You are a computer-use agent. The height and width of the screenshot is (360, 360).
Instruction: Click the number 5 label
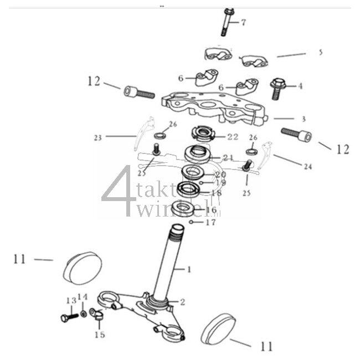point(320,53)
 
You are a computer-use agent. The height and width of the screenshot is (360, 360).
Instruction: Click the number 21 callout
point(228,158)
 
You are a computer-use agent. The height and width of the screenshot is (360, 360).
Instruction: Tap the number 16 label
point(211,210)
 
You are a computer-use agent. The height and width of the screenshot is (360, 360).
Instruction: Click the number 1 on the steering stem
point(188,270)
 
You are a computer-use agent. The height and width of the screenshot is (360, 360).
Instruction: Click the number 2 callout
point(182,302)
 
